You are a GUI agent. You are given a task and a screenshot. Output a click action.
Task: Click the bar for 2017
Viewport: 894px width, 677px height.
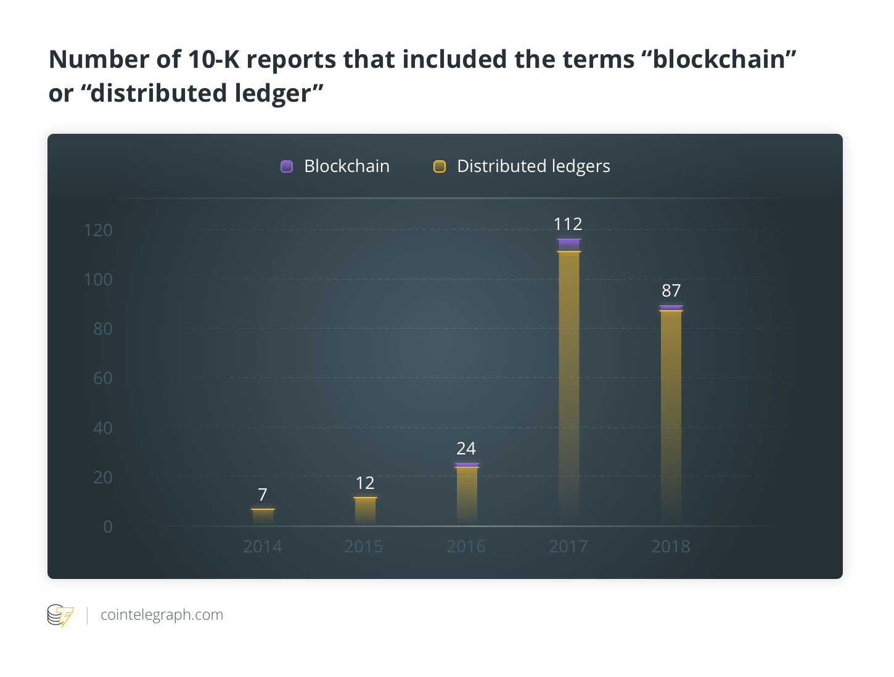point(568,382)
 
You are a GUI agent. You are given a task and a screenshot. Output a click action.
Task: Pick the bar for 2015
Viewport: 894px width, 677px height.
point(365,511)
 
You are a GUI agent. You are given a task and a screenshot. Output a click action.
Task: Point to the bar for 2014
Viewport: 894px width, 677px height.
point(263,517)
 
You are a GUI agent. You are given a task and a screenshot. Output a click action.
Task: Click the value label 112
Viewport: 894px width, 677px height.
point(568,224)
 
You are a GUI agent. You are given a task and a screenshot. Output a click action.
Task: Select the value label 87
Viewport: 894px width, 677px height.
point(671,290)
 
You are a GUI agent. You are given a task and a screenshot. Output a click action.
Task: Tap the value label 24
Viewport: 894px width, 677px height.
point(466,448)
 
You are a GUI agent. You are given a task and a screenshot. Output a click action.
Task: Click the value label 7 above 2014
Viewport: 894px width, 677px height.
point(263,494)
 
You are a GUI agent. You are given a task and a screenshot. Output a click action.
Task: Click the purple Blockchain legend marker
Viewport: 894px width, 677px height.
point(287,166)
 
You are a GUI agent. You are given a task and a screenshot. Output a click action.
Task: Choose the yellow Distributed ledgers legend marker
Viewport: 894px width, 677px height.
point(440,166)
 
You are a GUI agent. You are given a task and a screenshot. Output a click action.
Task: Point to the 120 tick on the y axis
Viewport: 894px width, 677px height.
point(98,231)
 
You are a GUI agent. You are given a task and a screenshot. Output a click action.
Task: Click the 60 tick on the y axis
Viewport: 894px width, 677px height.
point(103,378)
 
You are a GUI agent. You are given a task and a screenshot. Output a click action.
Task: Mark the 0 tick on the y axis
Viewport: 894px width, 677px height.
point(108,527)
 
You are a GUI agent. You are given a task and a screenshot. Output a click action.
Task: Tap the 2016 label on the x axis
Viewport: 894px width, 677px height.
point(466,546)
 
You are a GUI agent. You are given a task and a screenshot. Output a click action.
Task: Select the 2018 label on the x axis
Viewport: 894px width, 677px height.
point(671,546)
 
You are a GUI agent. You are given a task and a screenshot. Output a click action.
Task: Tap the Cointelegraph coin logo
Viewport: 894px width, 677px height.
point(60,615)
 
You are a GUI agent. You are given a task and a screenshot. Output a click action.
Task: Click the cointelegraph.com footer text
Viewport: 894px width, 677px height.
point(162,615)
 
